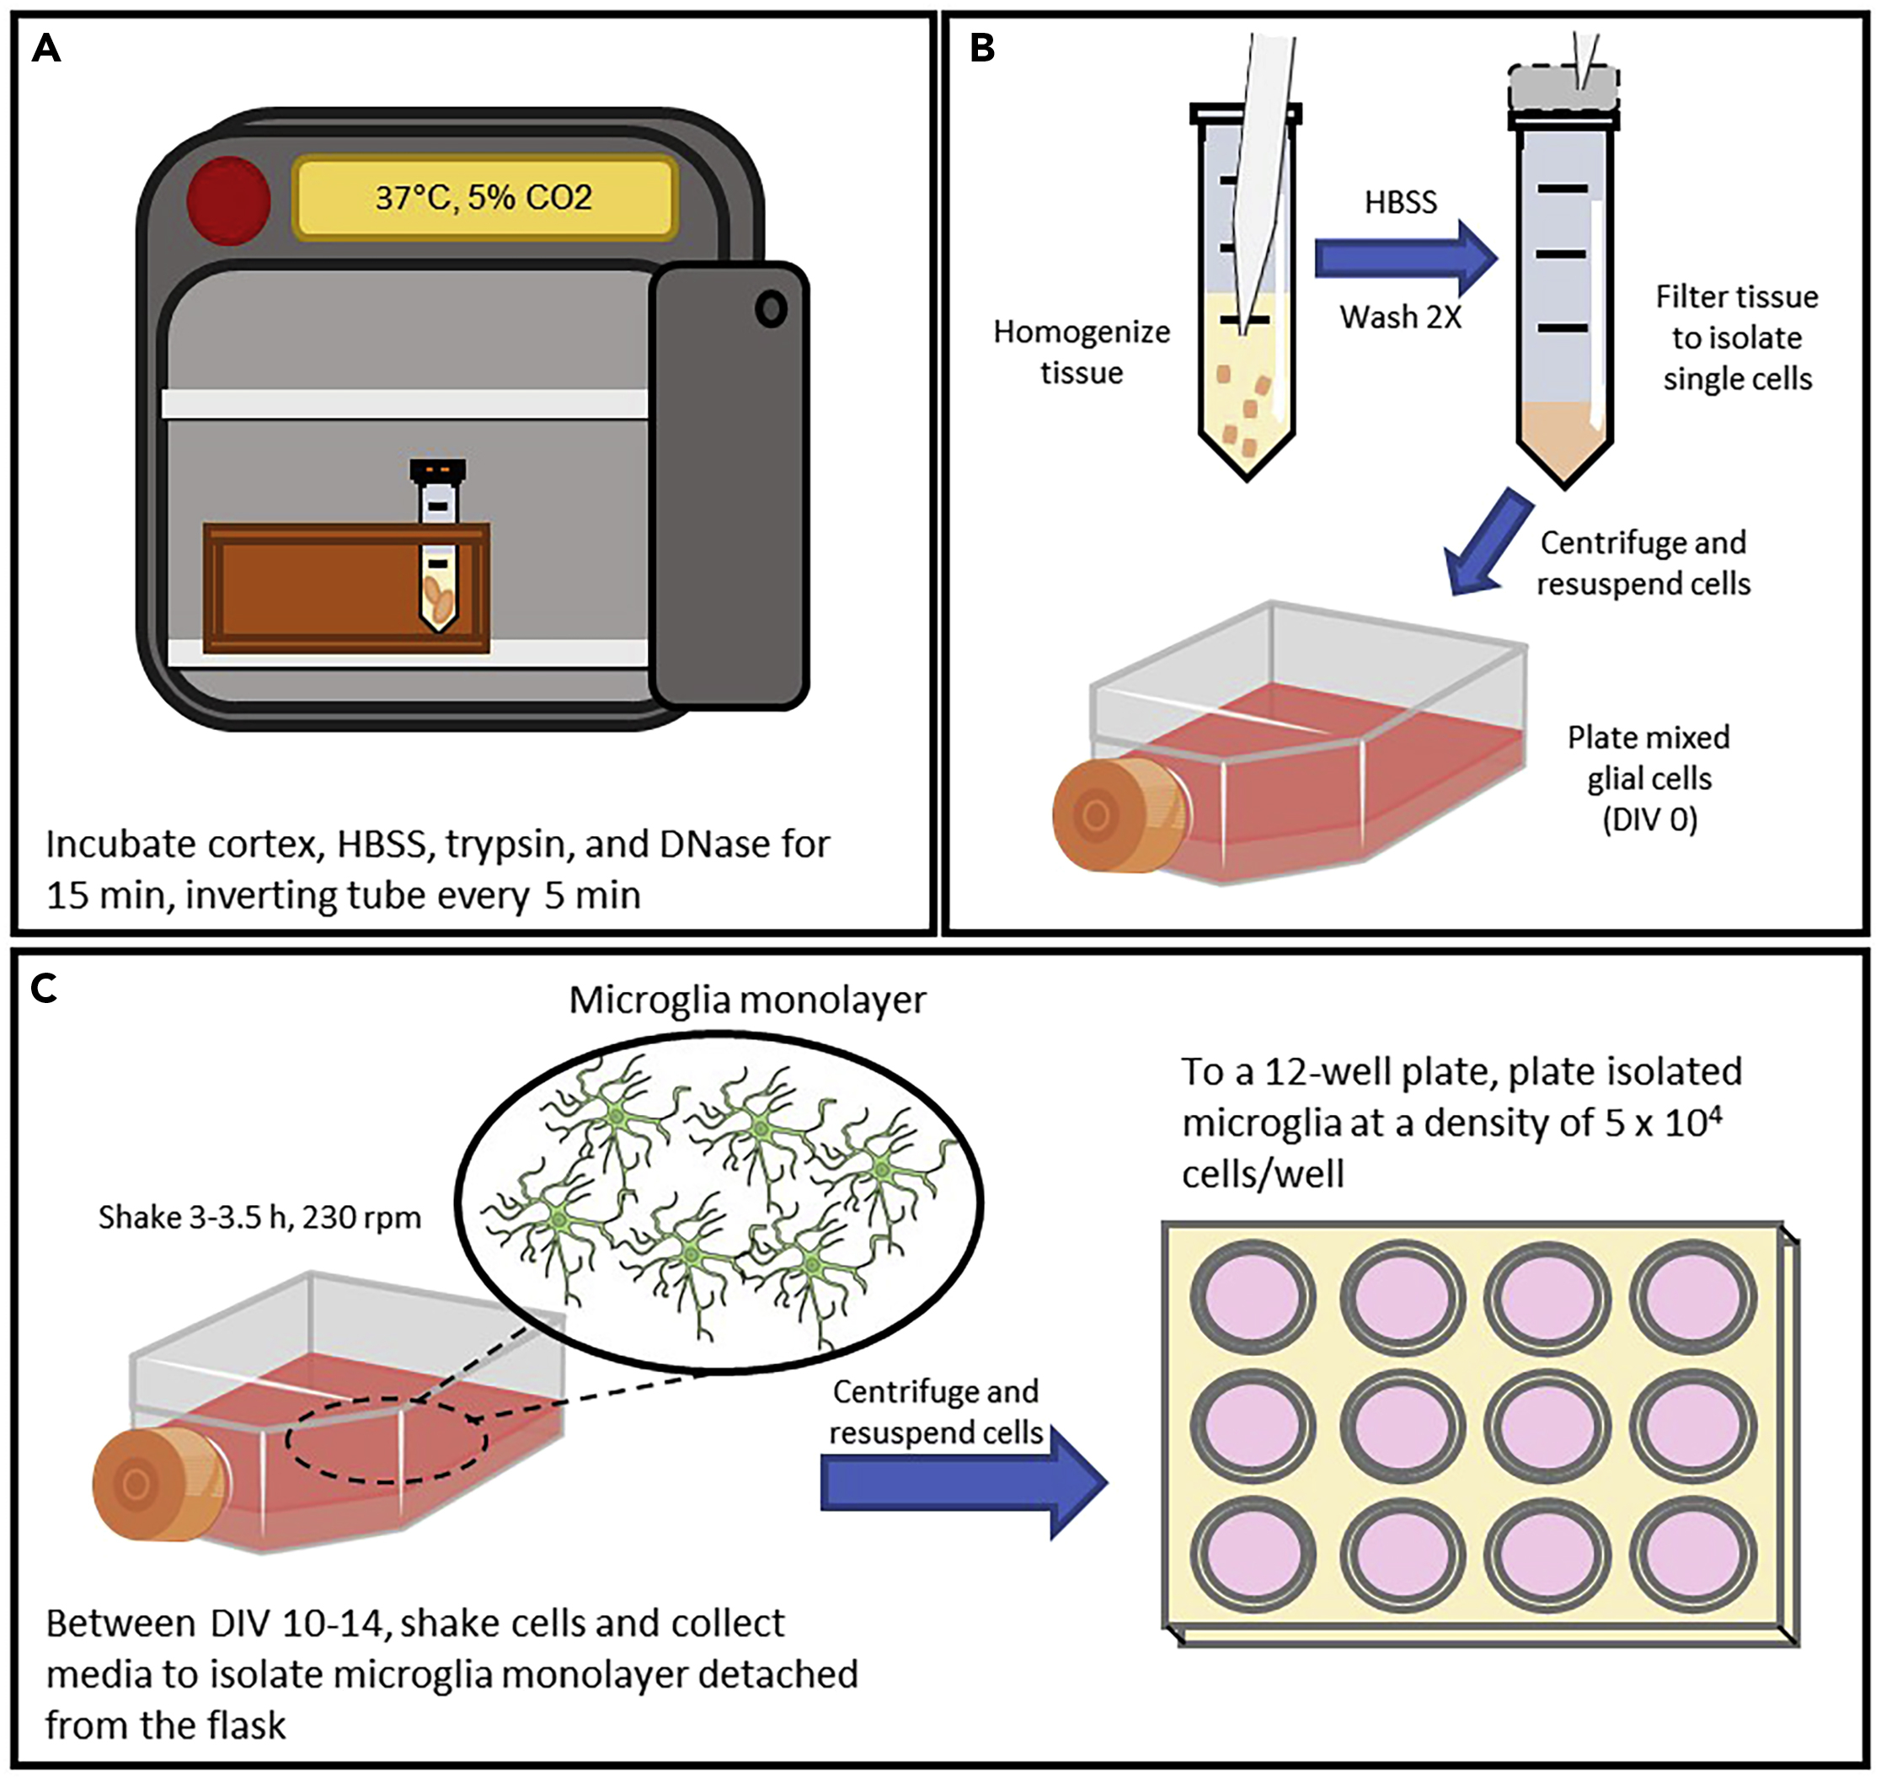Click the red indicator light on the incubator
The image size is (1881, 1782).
pyautogui.click(x=228, y=200)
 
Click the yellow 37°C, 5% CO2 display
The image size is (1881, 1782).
pyautogui.click(x=484, y=198)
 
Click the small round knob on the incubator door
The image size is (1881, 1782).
pyautogui.click(x=771, y=309)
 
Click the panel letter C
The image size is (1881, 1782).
pyautogui.click(x=45, y=990)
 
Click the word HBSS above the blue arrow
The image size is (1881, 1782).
pyautogui.click(x=1400, y=202)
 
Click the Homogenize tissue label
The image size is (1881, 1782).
pyautogui.click(x=1081, y=352)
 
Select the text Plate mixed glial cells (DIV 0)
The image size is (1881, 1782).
pyautogui.click(x=1649, y=778)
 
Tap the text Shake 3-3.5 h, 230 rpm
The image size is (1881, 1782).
pyautogui.click(x=259, y=1218)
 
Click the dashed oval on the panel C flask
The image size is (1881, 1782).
pyautogui.click(x=387, y=1442)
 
